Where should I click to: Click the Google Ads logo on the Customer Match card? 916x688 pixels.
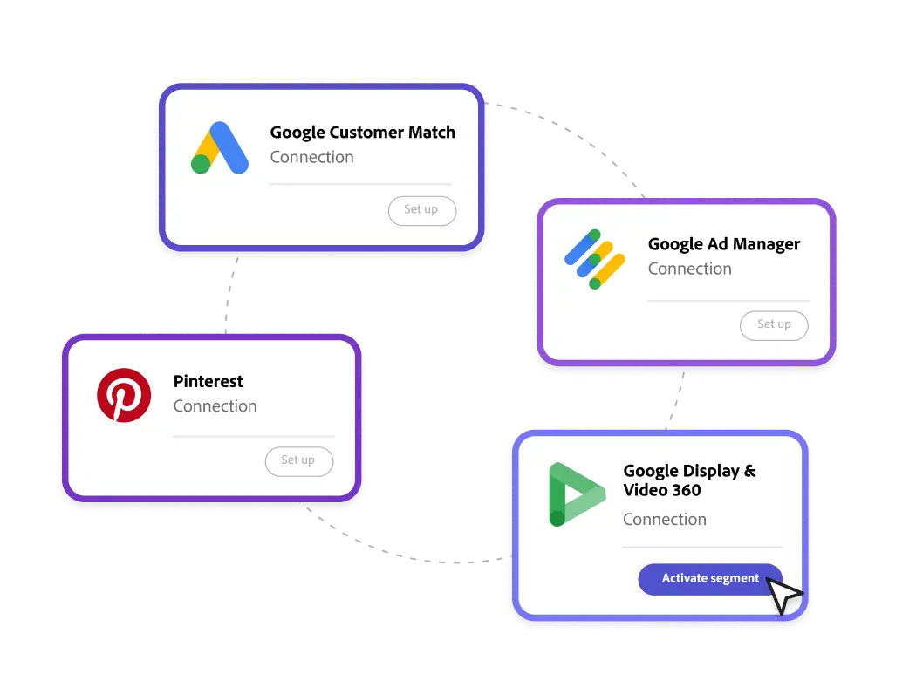point(220,148)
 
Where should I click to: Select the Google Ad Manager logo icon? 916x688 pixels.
point(595,259)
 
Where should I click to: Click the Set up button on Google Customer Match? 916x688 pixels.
point(421,210)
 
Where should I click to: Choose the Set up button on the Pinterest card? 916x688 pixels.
point(298,460)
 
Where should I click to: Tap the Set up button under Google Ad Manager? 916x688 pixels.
point(773,325)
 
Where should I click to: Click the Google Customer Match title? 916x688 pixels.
point(362,133)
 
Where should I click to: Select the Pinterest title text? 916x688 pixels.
point(208,381)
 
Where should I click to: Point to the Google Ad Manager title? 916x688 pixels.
point(723,244)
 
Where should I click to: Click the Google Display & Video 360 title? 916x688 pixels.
point(688,480)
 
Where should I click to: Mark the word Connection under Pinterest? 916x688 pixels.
point(215,406)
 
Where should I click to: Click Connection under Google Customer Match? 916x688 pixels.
point(311,158)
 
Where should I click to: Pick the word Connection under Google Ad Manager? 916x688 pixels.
point(689,269)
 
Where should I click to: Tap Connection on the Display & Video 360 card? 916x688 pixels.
point(664,520)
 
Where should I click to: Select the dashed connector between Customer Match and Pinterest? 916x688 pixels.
point(229,291)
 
